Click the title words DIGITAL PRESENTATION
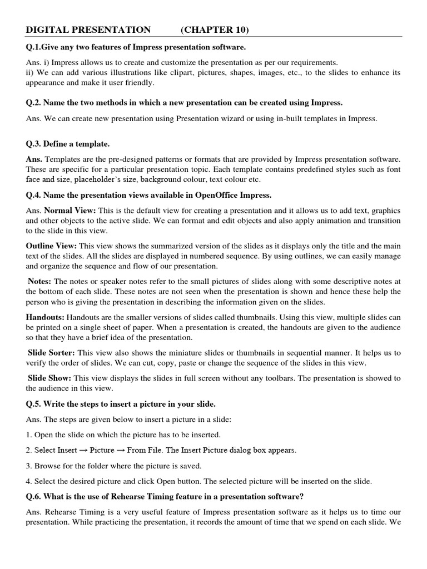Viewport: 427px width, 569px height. coord(88,29)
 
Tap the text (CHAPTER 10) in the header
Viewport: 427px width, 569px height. coord(215,29)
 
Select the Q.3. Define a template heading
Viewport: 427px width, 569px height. coord(68,144)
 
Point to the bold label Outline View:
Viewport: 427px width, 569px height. coord(52,246)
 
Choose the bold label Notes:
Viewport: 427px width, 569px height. coord(40,281)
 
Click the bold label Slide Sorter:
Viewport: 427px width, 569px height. coord(52,353)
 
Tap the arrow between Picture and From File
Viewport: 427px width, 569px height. coord(122,450)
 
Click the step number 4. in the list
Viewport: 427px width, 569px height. coord(29,481)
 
